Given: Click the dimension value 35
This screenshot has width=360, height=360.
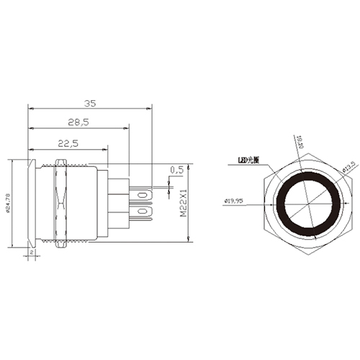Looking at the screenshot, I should (x=90, y=102).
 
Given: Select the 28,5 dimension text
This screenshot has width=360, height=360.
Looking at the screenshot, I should (x=80, y=123).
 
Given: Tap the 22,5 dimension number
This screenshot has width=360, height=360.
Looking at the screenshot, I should (x=68, y=143).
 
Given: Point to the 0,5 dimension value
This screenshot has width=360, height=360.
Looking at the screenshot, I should (x=176, y=170).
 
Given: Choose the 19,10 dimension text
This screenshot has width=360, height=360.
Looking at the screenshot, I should (x=300, y=145).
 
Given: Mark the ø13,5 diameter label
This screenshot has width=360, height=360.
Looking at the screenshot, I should (x=348, y=167).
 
